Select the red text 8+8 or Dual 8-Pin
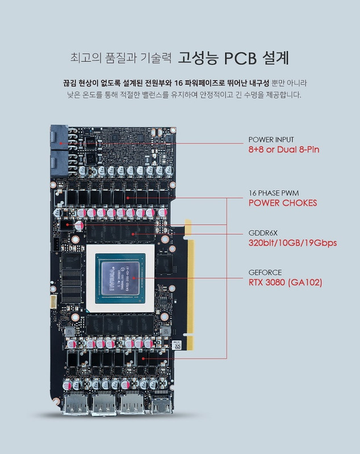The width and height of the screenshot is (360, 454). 284,150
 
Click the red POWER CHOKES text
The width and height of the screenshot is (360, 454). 283,203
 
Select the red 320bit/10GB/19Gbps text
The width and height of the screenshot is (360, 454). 292,243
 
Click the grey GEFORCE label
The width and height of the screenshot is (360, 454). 265,272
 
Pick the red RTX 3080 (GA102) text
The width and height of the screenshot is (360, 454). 285,282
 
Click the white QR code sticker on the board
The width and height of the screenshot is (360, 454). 175,345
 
